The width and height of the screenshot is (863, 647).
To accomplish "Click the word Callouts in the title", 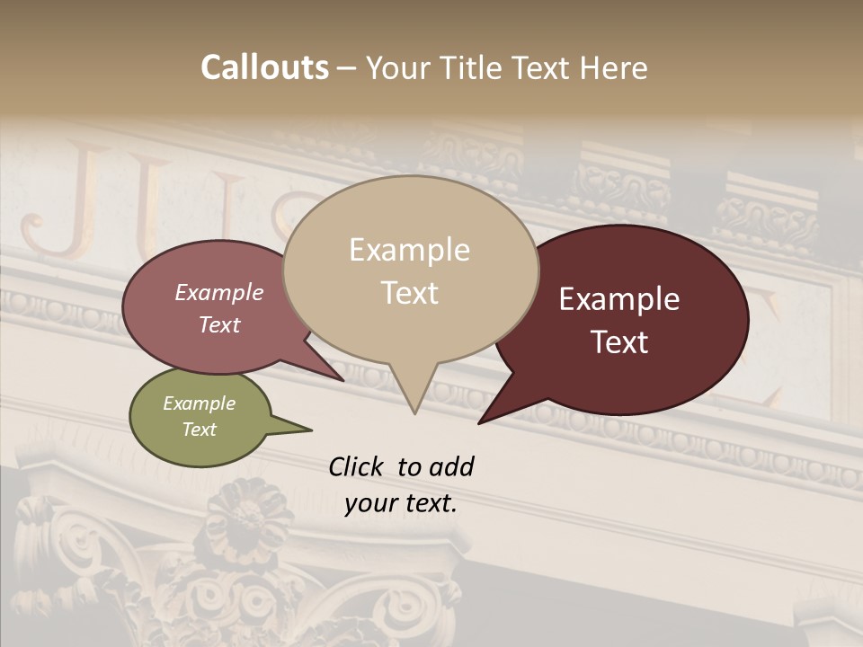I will (x=265, y=67).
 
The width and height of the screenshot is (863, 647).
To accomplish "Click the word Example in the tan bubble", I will (x=410, y=250).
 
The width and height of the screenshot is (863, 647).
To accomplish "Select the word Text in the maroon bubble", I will (x=620, y=342).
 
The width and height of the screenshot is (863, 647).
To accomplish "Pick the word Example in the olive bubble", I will (x=200, y=403).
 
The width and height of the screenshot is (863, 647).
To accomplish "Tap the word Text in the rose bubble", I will (x=219, y=325).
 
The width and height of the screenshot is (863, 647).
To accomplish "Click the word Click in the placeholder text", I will (x=358, y=466).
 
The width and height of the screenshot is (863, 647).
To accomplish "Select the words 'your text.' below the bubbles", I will (x=401, y=503).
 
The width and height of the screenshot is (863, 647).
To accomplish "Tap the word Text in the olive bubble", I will (x=200, y=430).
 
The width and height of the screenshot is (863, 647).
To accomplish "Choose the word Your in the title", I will (x=398, y=67).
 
